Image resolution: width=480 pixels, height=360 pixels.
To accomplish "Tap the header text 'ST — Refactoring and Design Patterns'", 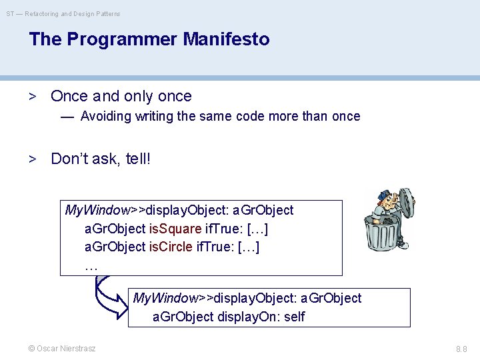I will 64,13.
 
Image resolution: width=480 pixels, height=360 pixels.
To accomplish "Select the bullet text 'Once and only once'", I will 121,96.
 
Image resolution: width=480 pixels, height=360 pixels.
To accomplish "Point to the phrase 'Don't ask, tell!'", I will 101,159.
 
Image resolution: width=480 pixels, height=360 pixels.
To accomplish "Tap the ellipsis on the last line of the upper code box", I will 91,265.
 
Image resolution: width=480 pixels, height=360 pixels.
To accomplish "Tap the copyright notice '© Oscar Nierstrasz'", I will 61,349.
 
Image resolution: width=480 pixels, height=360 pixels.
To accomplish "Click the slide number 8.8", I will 461,349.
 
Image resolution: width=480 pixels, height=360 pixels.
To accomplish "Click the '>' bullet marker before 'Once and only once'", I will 31,96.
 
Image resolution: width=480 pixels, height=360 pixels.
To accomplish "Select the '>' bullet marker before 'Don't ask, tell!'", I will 31,159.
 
